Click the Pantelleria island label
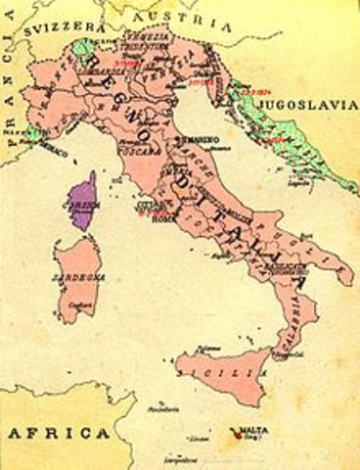tap(150, 399)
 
